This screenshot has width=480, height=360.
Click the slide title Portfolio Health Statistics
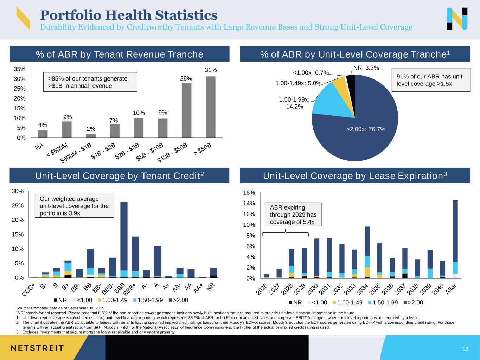(x=129, y=15)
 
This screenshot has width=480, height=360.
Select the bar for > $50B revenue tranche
(x=210, y=107)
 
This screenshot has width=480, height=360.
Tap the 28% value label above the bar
(x=186, y=78)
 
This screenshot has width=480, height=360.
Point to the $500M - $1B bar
(x=91, y=136)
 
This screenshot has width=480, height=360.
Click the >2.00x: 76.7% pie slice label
(x=366, y=129)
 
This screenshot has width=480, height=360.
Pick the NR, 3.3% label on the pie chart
(x=366, y=68)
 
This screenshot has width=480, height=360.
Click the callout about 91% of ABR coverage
(x=430, y=80)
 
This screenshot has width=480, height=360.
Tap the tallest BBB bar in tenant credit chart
(x=124, y=239)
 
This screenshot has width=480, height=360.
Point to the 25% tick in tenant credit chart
(x=18, y=205)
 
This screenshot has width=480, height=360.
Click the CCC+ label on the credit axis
(x=29, y=290)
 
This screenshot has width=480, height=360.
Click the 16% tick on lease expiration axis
(x=249, y=193)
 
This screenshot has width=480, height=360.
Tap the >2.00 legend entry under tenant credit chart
(x=179, y=300)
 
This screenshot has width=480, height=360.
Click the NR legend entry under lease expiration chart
(x=295, y=302)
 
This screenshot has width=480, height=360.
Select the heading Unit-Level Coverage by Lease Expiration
(x=355, y=176)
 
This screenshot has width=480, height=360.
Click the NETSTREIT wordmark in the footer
(x=37, y=348)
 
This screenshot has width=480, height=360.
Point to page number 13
(x=465, y=349)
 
